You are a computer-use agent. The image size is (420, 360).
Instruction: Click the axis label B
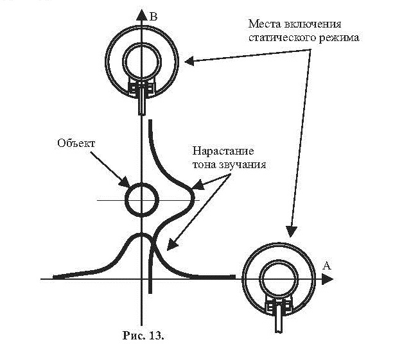click(x=153, y=17)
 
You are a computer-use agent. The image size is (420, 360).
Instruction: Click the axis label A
click(x=327, y=266)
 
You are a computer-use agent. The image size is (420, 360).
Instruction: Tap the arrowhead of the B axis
click(x=141, y=15)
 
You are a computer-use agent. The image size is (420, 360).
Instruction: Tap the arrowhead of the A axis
click(x=328, y=279)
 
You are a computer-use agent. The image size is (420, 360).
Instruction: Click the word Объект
click(x=76, y=143)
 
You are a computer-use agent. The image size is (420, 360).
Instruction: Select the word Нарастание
click(x=223, y=151)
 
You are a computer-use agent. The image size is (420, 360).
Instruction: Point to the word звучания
click(x=243, y=164)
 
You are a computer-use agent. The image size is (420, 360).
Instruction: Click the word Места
click(x=265, y=24)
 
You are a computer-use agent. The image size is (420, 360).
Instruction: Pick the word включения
click(x=312, y=24)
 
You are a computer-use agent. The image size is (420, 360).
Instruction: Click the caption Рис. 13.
click(x=143, y=336)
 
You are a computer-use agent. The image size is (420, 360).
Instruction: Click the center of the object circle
click(x=142, y=200)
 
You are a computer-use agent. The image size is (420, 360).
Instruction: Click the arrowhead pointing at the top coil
click(x=189, y=61)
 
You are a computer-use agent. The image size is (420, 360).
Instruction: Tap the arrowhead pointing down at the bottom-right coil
click(x=291, y=231)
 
